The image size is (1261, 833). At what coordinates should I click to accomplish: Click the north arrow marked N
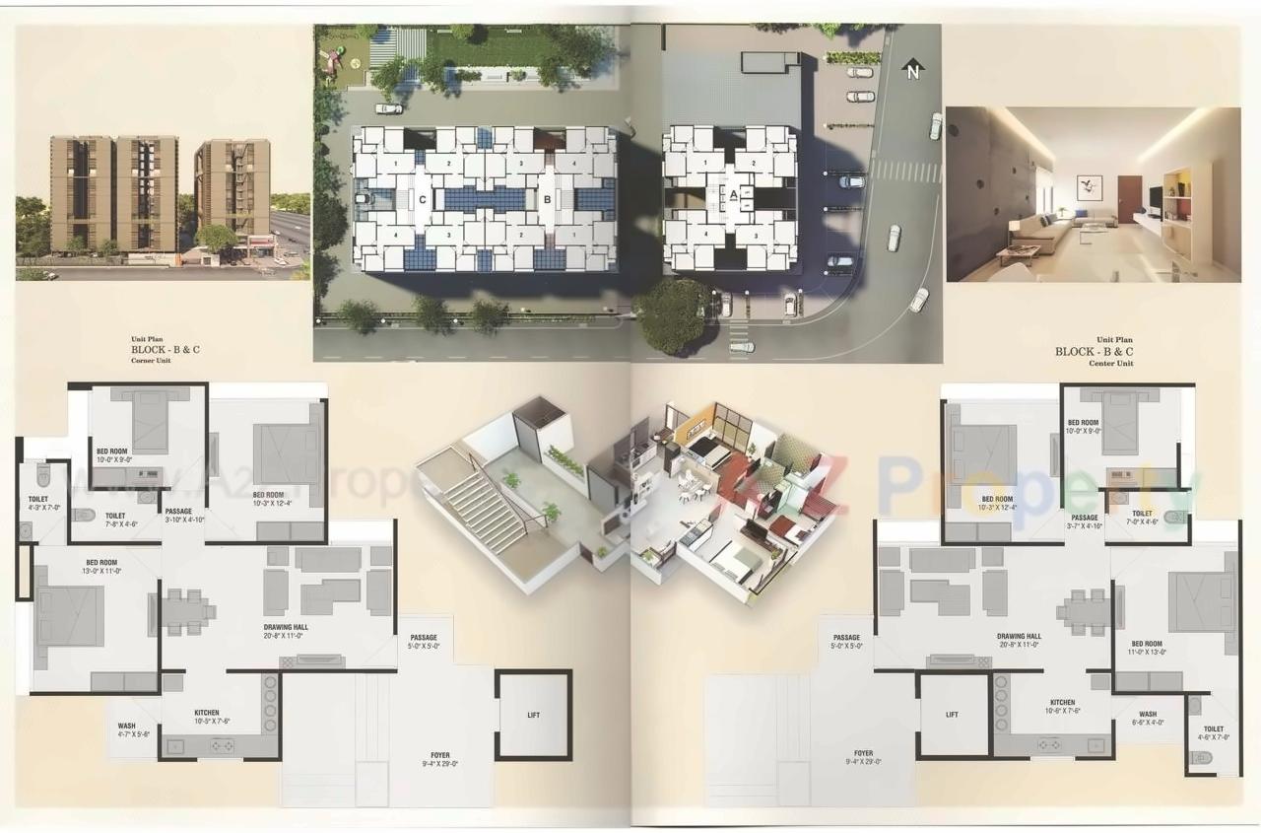pyautogui.click(x=913, y=69)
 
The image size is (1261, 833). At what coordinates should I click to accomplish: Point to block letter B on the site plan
pyautogui.click(x=547, y=197)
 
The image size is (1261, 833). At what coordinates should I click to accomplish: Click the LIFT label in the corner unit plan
pyautogui.click(x=533, y=715)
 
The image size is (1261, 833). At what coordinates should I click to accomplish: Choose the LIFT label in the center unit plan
pyautogui.click(x=952, y=715)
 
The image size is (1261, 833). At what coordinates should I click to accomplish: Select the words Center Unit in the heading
pyautogui.click(x=1111, y=364)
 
